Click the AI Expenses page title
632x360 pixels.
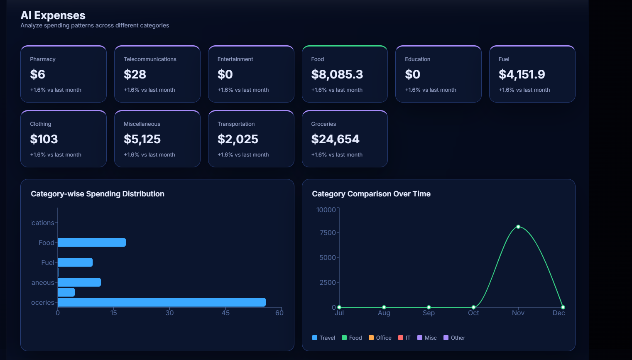tap(53, 15)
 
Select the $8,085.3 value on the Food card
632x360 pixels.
tap(337, 74)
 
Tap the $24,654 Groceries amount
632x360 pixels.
tap(335, 139)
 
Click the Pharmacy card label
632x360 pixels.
tap(42, 59)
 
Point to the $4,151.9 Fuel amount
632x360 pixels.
tap(522, 74)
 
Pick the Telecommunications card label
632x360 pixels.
tap(150, 59)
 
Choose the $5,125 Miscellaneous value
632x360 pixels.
tap(142, 139)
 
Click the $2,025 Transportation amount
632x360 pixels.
tap(238, 139)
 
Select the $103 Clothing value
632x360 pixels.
tap(44, 139)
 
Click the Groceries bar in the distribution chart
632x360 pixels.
tap(162, 302)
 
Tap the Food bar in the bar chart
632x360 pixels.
tap(91, 242)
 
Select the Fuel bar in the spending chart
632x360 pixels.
tap(75, 262)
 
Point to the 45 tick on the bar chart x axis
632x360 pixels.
tap(225, 313)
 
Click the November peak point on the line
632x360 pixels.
tap(518, 227)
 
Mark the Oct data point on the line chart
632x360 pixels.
tap(473, 307)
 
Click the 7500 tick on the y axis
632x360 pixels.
tap(328, 233)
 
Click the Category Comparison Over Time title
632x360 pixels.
tap(371, 194)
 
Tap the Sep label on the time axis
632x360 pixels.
tap(429, 313)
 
